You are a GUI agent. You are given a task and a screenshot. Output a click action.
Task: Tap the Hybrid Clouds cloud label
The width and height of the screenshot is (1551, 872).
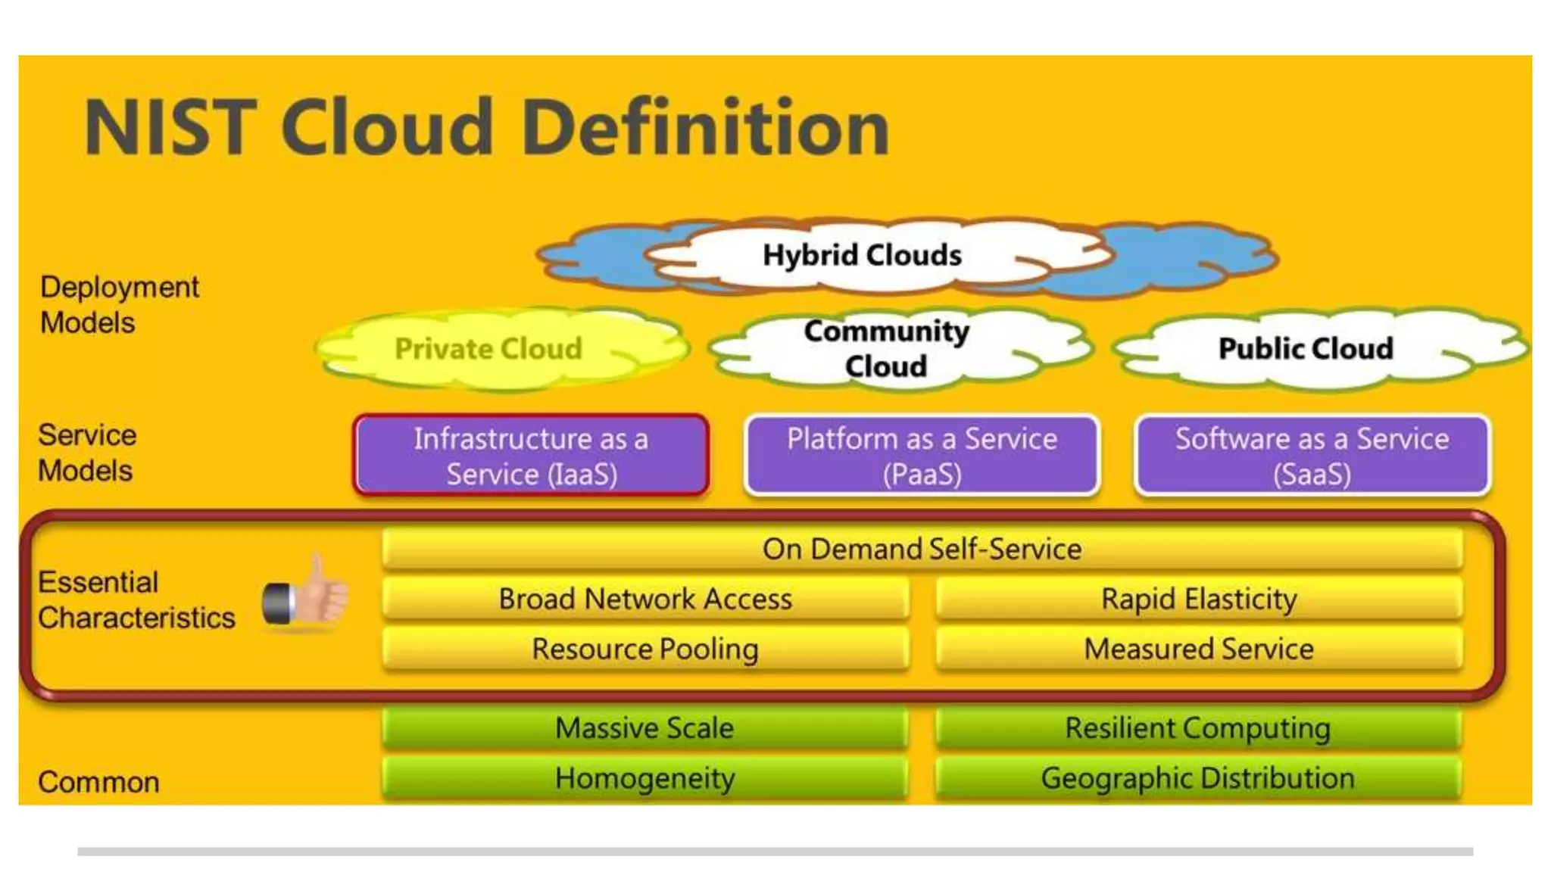(x=862, y=255)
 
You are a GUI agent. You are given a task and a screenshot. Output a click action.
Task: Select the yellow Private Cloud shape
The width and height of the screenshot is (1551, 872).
(x=488, y=349)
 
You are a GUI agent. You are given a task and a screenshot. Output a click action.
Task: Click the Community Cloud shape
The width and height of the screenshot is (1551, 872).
(x=886, y=349)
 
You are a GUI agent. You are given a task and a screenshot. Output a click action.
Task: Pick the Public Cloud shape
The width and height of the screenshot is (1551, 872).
(x=1306, y=349)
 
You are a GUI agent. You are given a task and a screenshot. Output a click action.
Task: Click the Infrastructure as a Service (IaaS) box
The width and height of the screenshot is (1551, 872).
(x=531, y=456)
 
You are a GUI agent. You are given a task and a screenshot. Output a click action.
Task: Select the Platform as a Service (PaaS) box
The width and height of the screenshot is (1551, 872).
(x=922, y=456)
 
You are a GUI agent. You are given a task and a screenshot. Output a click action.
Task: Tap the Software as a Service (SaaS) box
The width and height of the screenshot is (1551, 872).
(x=1312, y=456)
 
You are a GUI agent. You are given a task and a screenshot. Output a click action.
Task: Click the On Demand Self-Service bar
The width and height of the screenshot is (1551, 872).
(x=922, y=549)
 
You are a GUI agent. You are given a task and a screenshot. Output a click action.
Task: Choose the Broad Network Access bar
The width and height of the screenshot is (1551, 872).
(x=645, y=599)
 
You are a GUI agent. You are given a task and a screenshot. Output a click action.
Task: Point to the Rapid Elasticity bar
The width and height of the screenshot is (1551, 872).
(x=1199, y=599)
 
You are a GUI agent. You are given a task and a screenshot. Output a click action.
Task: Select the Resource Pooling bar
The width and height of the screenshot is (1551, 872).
(x=645, y=649)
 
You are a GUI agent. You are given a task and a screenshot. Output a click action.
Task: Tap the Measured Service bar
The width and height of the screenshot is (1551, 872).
(x=1199, y=649)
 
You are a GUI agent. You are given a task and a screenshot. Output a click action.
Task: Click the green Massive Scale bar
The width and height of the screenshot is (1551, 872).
(x=644, y=728)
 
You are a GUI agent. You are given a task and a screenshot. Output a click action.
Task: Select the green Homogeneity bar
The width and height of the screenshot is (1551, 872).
(x=644, y=778)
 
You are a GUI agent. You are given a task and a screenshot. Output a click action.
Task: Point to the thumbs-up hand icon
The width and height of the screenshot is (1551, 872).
(x=307, y=594)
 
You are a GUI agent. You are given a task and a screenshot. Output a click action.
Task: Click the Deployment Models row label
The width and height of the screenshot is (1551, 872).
(x=119, y=304)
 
